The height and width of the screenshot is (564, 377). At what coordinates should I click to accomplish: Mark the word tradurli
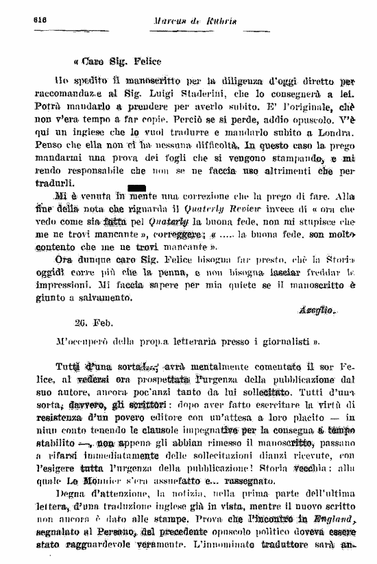point(54,183)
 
